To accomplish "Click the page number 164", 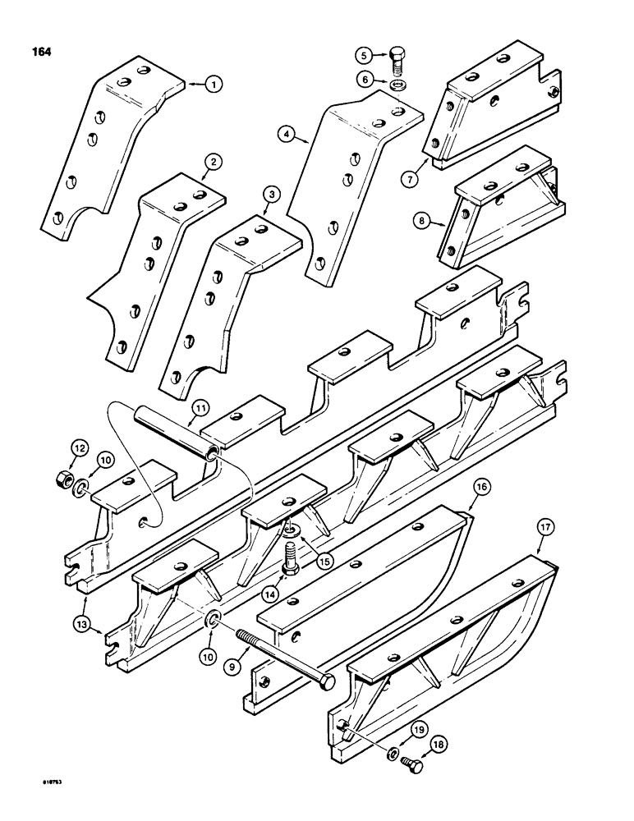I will pos(39,52).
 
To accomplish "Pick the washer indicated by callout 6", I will pos(398,83).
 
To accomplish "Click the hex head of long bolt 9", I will pos(327,683).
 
